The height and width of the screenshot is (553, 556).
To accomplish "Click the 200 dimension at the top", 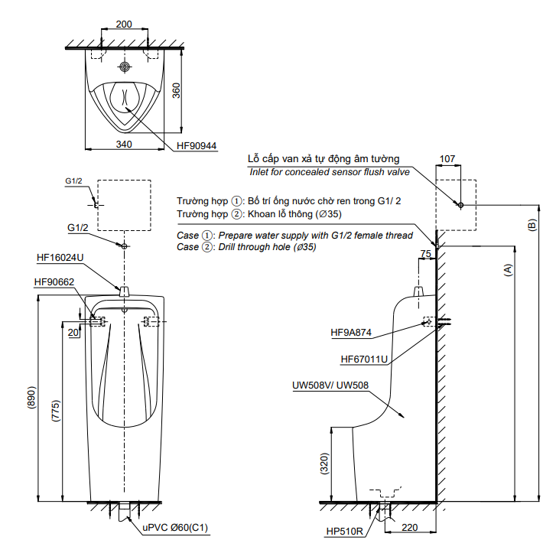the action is (x=124, y=24).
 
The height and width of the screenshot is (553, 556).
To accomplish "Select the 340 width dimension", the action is (x=124, y=145).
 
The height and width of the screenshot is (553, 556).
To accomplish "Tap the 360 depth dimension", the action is (x=176, y=90).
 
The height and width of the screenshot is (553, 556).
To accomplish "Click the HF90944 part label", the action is (x=197, y=146).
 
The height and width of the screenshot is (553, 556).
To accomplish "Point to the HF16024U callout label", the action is (x=60, y=258).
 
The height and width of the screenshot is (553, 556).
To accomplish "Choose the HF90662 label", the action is (x=54, y=282).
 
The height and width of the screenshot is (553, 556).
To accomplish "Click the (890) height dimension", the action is (x=32, y=398).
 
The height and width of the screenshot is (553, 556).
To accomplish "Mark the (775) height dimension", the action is (x=56, y=411).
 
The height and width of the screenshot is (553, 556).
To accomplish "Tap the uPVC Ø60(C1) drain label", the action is (x=175, y=528).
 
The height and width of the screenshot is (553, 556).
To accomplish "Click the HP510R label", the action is (x=345, y=532).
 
